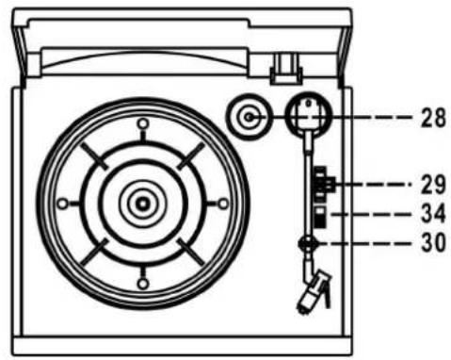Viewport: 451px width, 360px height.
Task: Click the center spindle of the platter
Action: click(141, 202)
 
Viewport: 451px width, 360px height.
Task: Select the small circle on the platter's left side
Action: click(63, 203)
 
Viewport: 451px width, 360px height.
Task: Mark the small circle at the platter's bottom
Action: click(141, 281)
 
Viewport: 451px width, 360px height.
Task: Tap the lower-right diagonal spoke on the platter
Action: click(187, 248)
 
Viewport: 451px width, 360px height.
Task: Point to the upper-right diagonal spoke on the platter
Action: click(187, 156)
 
